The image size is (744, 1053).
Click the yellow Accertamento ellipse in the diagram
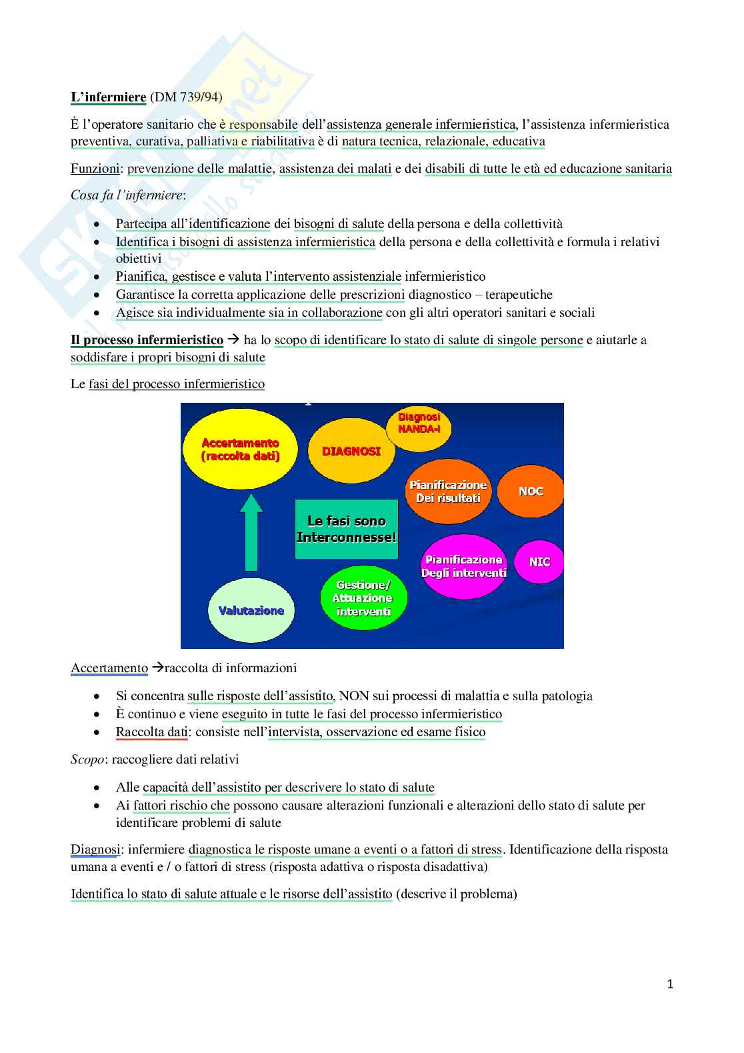(x=240, y=450)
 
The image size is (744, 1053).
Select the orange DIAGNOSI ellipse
(x=351, y=451)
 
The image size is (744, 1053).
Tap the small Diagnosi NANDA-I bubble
(x=419, y=423)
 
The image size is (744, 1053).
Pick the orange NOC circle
(x=531, y=491)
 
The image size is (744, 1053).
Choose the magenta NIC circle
(x=539, y=562)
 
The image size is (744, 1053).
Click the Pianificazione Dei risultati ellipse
(x=448, y=491)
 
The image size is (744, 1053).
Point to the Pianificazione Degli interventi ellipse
(x=463, y=566)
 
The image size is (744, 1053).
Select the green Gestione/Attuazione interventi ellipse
(x=363, y=598)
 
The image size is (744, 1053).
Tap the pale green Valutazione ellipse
(x=251, y=610)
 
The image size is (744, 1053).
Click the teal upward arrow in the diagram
(x=251, y=534)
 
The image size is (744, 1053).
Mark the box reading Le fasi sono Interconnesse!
(x=346, y=529)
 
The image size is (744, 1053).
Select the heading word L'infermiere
(x=109, y=97)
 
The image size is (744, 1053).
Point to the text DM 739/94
(x=186, y=97)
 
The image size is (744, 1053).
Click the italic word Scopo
(x=87, y=759)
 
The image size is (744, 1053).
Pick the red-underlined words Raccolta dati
(x=152, y=732)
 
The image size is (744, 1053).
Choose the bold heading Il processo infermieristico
(x=147, y=340)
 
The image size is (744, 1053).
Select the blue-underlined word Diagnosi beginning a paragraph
(x=95, y=850)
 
